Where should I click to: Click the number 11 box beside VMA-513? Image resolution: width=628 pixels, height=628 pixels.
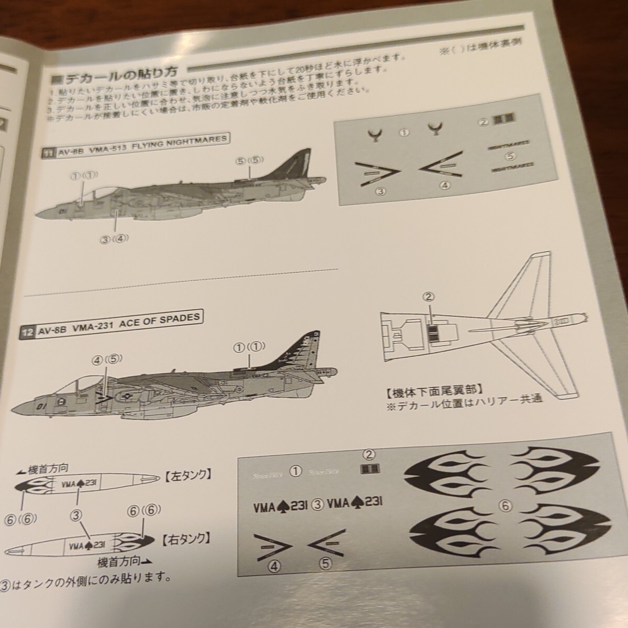click(49, 153)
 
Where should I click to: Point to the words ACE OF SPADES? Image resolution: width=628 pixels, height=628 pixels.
click(167, 320)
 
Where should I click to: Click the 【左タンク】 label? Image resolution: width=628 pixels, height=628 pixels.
click(187, 475)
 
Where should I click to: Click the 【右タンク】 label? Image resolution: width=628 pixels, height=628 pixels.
click(183, 538)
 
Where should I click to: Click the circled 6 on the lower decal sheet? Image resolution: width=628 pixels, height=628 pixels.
click(504, 506)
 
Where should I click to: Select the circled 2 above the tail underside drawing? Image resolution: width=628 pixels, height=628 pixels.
click(428, 297)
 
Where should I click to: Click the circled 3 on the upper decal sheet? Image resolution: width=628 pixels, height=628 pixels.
click(380, 191)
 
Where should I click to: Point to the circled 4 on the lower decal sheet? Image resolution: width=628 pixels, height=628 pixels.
click(273, 565)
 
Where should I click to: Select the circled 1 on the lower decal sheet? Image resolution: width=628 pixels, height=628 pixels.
click(295, 472)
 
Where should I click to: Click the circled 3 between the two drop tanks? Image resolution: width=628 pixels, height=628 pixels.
click(77, 515)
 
